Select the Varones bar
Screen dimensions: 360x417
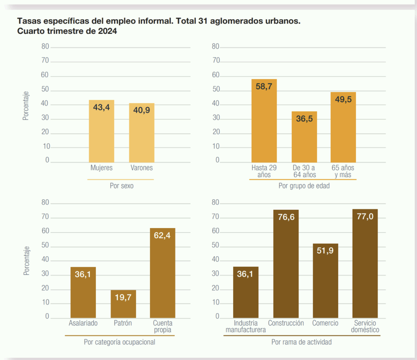pos(142,133)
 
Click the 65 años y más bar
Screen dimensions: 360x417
pos(343,127)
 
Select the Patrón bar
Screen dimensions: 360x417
pos(123,304)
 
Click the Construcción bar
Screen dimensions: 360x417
pos(286,264)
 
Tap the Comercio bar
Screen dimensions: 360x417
pos(325,280)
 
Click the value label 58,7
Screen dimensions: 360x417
pos(264,87)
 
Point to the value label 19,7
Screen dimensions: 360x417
pos(123,297)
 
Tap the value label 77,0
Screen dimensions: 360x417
pos(365,216)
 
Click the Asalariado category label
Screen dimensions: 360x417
pos(83,323)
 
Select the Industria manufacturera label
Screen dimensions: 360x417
pos(246,327)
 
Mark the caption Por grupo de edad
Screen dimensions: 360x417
pos(304,186)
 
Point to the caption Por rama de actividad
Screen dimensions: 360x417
pos(301,342)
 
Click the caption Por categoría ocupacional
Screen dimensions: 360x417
pos(119,342)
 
